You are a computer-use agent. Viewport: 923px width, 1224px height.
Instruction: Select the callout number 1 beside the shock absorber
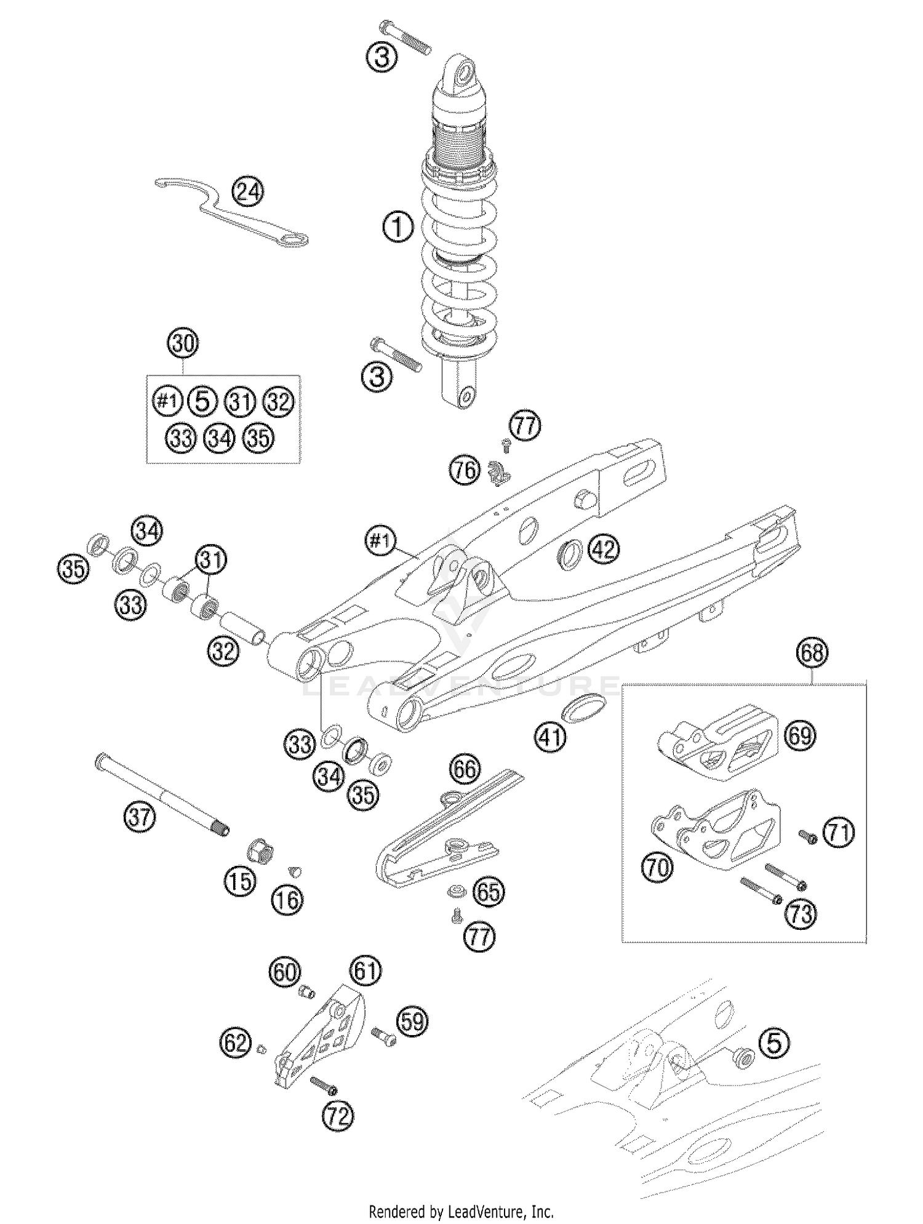[398, 228]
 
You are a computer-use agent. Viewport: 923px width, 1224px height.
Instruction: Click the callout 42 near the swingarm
[604, 549]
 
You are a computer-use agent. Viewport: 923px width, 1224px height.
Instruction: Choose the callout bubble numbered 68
[812, 652]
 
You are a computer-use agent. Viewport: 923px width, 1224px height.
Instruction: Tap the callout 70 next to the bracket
[658, 868]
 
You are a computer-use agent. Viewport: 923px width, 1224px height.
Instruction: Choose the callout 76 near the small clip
[465, 471]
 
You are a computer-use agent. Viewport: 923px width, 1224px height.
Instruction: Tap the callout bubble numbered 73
[801, 913]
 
